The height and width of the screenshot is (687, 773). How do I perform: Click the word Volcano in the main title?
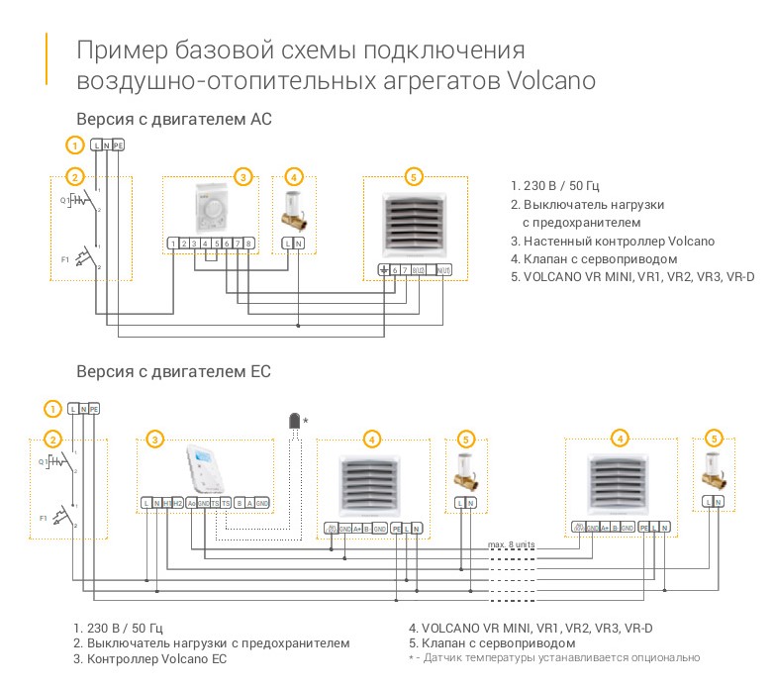(551, 80)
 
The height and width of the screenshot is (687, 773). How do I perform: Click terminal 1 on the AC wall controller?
(173, 244)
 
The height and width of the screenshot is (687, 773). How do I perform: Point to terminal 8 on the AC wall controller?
(249, 244)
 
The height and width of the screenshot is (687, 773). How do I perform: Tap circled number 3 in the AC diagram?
(243, 177)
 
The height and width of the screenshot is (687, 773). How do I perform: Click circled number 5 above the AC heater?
(414, 177)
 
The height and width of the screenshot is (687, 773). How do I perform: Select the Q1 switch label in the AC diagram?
(65, 198)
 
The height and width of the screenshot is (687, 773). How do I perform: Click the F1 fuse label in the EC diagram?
(44, 517)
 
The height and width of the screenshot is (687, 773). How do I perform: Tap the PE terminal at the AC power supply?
(118, 146)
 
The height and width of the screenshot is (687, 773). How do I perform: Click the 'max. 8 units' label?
(512, 544)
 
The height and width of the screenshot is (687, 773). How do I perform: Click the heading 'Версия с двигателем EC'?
(173, 372)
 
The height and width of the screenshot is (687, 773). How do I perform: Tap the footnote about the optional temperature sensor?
(553, 657)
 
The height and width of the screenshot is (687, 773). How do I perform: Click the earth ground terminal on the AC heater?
(383, 270)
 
